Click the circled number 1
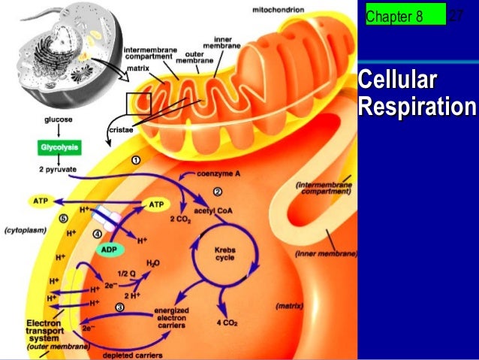click(136, 160)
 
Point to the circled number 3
click(119, 307)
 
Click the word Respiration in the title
click(417, 107)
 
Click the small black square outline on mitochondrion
click(139, 103)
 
